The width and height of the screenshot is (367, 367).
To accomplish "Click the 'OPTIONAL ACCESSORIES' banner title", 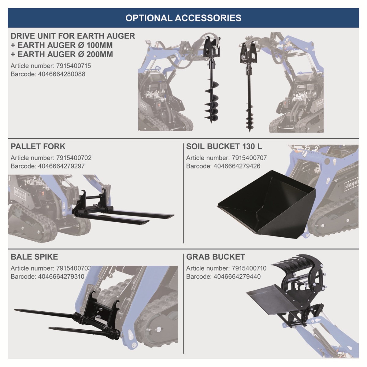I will (183, 18).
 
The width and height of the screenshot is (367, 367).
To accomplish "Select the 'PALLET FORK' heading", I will (38, 146).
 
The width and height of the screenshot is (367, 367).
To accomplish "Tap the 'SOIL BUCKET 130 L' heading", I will (224, 146).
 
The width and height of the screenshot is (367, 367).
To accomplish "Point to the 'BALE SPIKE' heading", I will (34, 257).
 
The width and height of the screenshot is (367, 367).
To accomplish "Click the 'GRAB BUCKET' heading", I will (216, 257).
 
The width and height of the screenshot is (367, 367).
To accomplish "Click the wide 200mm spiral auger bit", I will (211, 101).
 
